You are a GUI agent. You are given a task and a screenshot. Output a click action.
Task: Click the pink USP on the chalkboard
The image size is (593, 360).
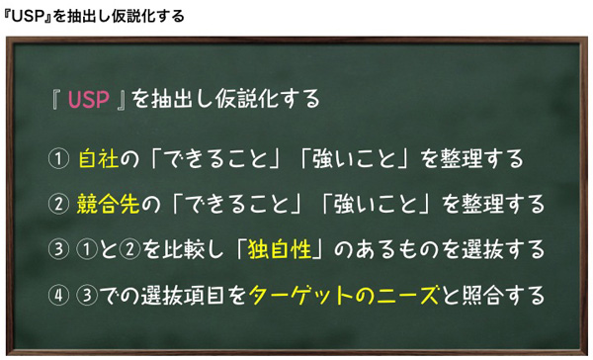coord(90,100)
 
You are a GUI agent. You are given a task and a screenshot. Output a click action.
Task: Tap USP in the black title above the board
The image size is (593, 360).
coord(31,16)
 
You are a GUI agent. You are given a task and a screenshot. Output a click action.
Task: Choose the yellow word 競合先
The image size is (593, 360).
coord(108,205)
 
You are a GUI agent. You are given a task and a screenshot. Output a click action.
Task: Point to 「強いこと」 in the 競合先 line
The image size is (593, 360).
coord(375,205)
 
